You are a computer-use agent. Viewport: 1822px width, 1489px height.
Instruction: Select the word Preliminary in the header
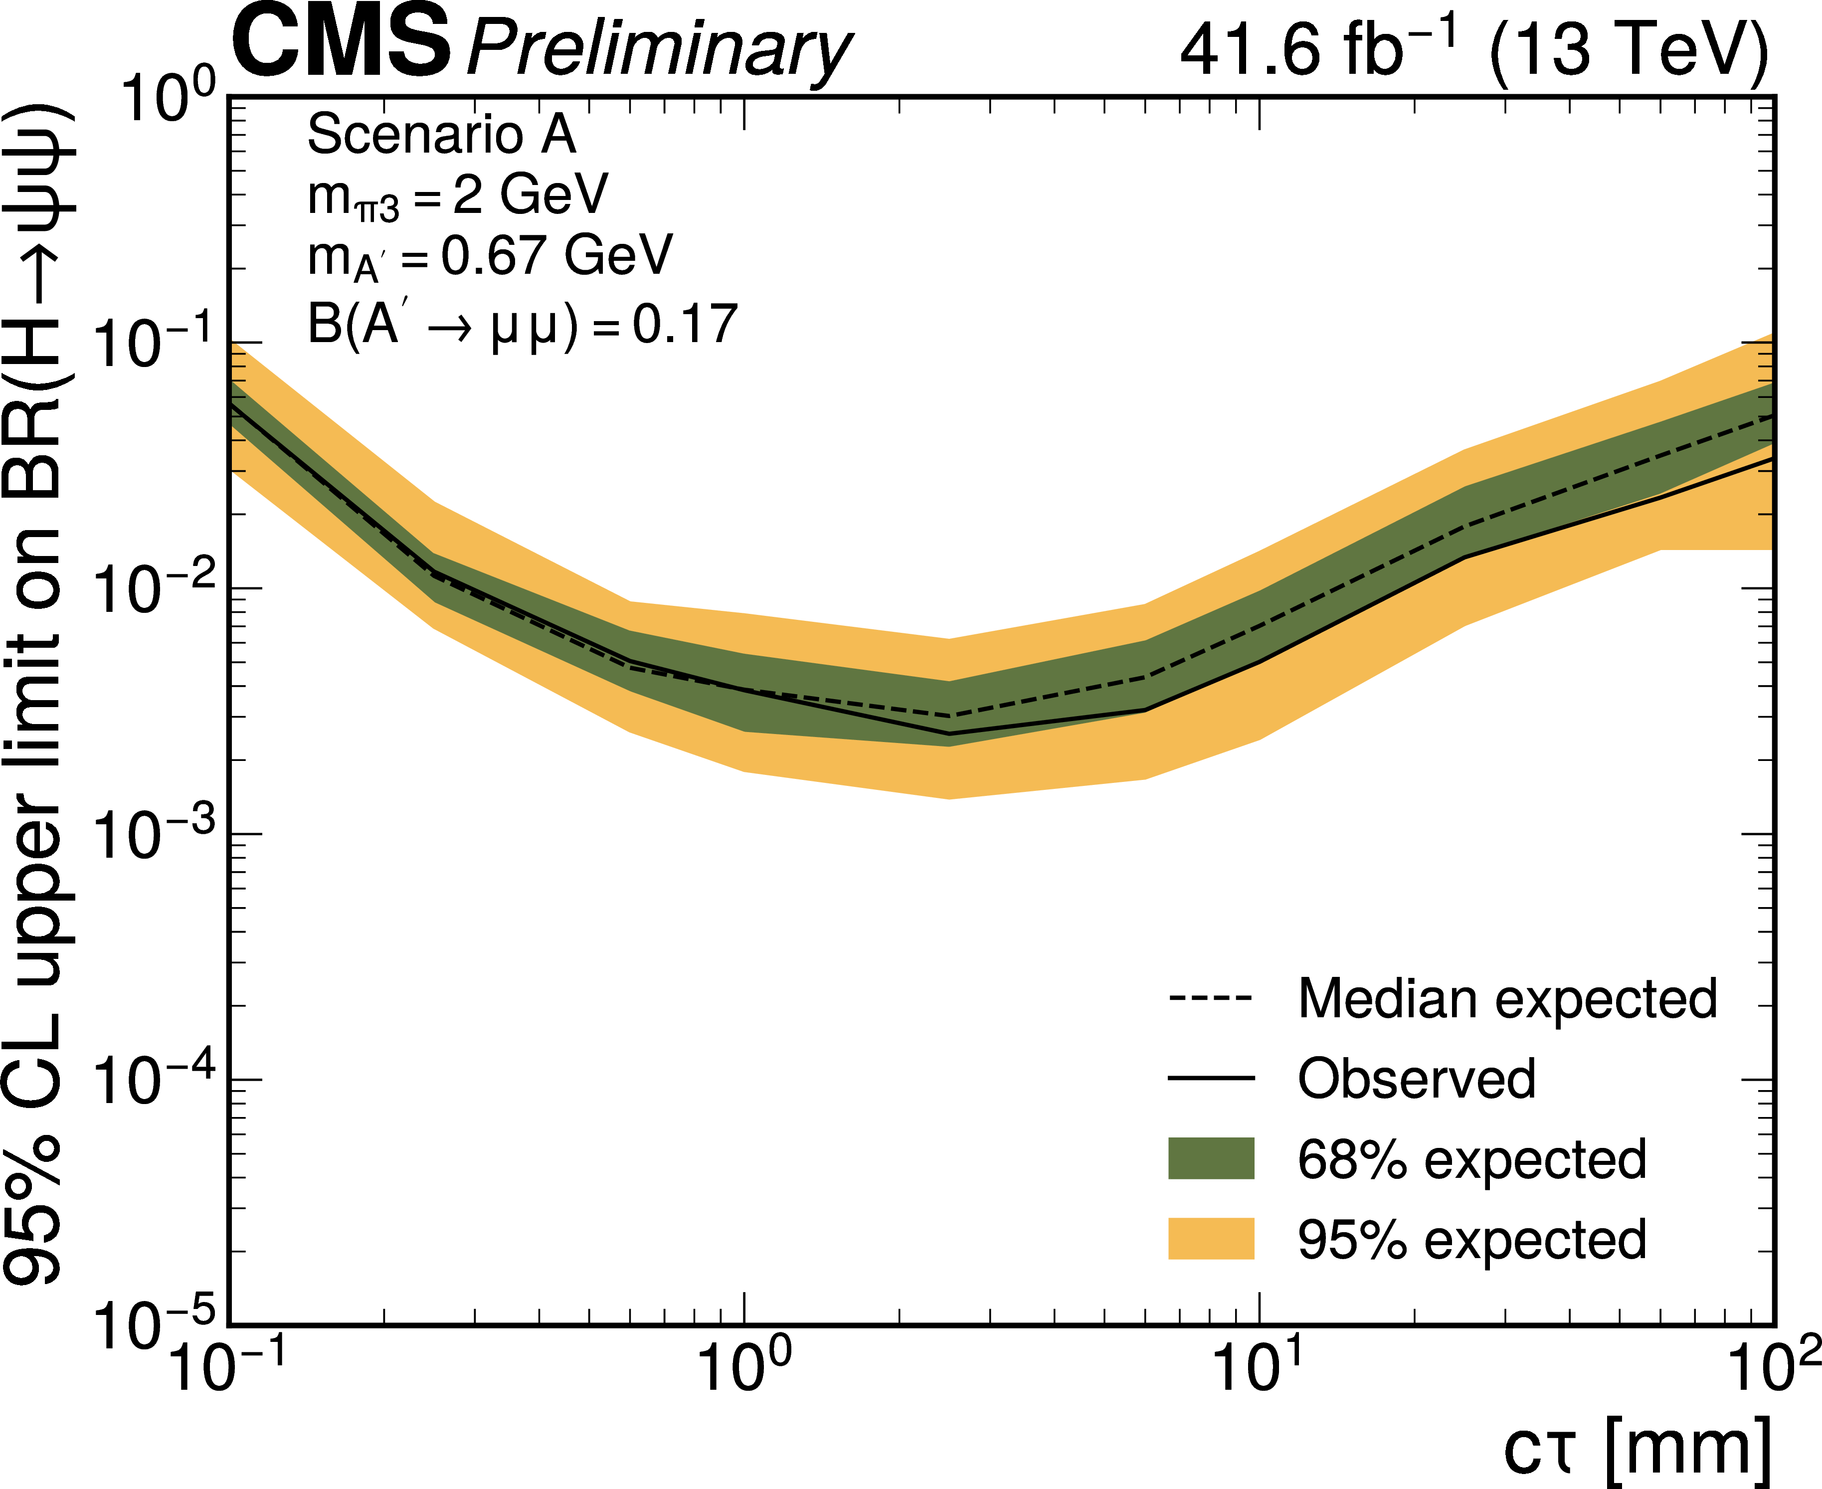[x=659, y=50]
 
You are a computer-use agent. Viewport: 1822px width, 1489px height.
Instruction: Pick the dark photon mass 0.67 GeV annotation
[x=490, y=256]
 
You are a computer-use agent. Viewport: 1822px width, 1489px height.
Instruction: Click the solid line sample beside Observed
[x=1210, y=1078]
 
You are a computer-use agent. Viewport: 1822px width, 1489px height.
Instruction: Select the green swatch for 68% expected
[x=1210, y=1159]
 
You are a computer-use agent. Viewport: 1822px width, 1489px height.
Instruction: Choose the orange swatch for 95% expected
[x=1210, y=1239]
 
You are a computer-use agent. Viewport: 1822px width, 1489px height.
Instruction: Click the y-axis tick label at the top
[x=158, y=99]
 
